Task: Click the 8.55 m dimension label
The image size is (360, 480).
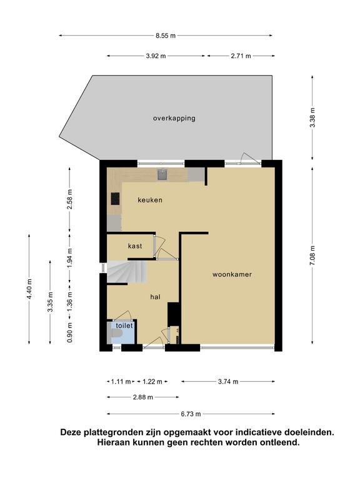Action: click(166, 36)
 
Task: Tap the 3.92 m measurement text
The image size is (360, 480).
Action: click(156, 56)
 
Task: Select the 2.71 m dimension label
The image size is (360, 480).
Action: click(241, 56)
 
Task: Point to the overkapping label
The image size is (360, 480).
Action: click(174, 118)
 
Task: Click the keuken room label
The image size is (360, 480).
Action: click(150, 200)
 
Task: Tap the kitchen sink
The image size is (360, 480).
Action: click(162, 174)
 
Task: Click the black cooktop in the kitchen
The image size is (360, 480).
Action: click(116, 199)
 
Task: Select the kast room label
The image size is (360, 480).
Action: click(135, 246)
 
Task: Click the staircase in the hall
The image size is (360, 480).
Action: click(127, 272)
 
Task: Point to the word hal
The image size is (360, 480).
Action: click(155, 297)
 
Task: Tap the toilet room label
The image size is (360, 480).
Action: click(124, 326)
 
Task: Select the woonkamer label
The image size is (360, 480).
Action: click(232, 274)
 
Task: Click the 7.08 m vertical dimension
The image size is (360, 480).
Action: click(312, 256)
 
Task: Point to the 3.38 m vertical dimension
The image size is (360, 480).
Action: click(312, 118)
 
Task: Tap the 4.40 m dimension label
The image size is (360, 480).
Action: click(29, 289)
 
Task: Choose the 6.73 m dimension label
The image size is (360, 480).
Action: click(191, 414)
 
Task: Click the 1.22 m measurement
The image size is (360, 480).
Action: click(152, 381)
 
